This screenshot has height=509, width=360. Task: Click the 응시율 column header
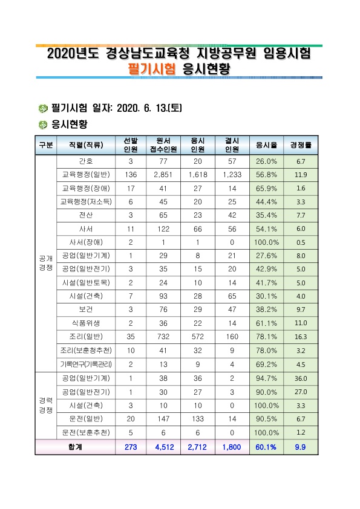point(266,145)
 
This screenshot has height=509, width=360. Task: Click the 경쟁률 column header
point(301,145)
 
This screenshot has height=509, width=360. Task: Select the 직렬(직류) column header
point(86,145)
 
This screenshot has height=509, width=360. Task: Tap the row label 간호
point(86,161)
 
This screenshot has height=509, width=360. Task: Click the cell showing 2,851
point(163,175)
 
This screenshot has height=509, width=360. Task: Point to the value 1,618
point(197,175)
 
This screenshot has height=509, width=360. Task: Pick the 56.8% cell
point(266,175)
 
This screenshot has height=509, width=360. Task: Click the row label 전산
point(86,215)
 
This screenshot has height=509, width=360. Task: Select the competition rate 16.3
point(301,337)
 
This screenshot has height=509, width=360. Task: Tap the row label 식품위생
point(86,323)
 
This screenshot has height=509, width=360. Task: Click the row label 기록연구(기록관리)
point(86,365)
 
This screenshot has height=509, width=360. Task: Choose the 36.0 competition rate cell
point(301,378)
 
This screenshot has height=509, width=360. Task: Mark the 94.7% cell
point(266,378)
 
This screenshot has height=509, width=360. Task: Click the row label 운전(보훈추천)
point(86,433)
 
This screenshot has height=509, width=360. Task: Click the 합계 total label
point(75,447)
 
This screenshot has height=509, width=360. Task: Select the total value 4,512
point(165,447)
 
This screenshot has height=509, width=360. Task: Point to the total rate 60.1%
point(266,447)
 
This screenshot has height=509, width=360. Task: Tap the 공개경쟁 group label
point(46,263)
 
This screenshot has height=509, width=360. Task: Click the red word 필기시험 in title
point(152,69)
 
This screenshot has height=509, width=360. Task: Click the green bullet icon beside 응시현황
point(43,125)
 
